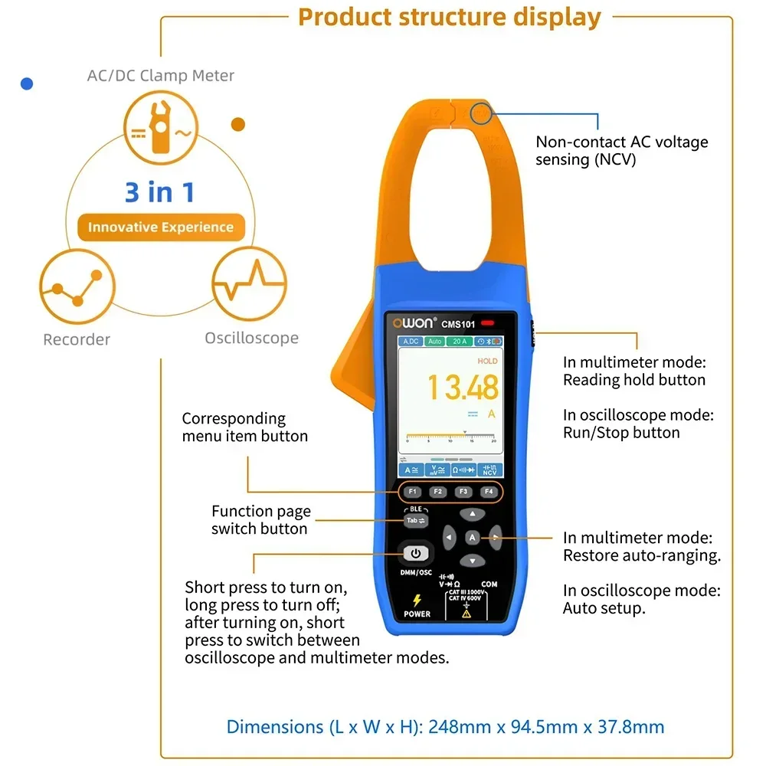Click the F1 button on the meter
click(x=412, y=492)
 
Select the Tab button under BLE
click(x=415, y=520)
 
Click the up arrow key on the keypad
click(x=473, y=514)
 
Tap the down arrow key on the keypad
click(x=473, y=561)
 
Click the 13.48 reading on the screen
click(x=462, y=388)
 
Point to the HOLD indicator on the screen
click(x=487, y=361)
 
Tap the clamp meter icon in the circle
click(x=160, y=129)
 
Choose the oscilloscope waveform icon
click(x=247, y=284)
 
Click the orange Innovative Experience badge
click(x=161, y=228)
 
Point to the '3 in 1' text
click(x=160, y=191)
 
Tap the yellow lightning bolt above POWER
click(x=417, y=601)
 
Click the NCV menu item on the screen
click(x=489, y=470)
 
